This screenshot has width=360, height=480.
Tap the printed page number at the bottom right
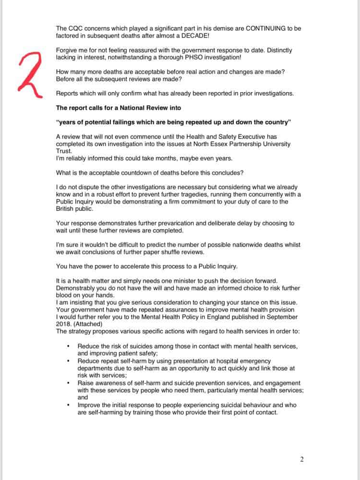tap(302, 459)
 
